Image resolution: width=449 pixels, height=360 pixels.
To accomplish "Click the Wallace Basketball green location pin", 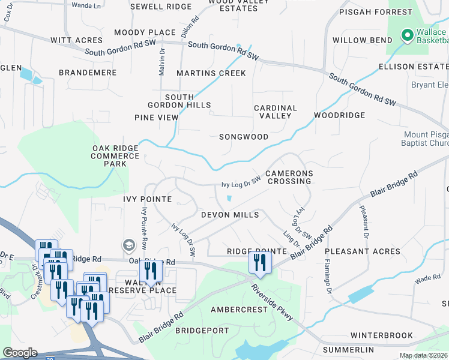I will pos(407,35).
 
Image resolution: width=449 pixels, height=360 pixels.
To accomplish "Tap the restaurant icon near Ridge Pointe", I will pos(260,262).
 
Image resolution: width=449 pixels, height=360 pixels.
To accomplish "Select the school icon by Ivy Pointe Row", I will pos(128,245).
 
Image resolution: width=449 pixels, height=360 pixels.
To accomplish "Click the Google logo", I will pos(20,353).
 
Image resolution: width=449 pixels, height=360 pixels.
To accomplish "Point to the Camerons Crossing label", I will pos(290,177).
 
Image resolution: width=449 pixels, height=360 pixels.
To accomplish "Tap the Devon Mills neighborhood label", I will pos(230,215).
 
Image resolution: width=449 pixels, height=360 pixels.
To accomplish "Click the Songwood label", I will pos(244,137).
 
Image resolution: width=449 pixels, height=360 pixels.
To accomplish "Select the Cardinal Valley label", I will pos(276,112).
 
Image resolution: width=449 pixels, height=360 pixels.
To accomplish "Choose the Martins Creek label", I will pos(211,73).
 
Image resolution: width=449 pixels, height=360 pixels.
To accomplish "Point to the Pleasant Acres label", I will pos(363,251).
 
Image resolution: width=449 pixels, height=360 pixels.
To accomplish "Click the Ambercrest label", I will pos(238,310).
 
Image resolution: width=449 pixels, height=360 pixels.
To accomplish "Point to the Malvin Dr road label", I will pos(161,62).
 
